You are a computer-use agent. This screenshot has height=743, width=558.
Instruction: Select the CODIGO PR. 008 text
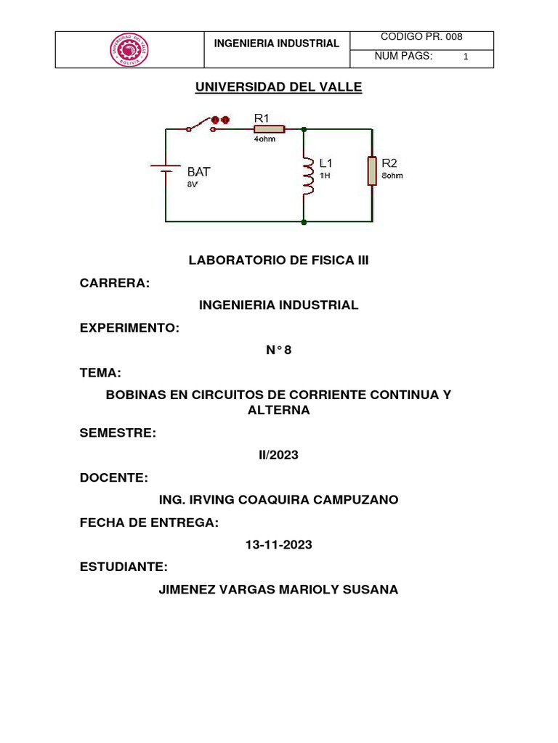421,38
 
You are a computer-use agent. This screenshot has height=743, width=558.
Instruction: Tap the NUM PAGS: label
403,57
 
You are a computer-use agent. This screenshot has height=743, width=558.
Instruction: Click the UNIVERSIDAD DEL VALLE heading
278,88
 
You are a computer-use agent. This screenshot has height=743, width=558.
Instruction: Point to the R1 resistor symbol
269,129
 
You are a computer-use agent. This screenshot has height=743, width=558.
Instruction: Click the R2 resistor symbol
372,171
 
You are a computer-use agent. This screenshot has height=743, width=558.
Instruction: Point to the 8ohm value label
392,176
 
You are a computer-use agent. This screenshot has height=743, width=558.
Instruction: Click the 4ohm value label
264,139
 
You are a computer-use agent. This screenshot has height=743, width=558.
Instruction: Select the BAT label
199,172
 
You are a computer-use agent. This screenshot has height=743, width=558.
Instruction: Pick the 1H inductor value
325,176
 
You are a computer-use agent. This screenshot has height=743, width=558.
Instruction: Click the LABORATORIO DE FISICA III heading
279,260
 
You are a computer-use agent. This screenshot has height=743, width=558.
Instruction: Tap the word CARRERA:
114,283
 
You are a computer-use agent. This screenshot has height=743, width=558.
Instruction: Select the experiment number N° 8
278,350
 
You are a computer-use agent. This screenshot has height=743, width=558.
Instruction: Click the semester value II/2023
278,456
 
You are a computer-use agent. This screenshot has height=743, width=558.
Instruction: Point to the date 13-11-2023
278,545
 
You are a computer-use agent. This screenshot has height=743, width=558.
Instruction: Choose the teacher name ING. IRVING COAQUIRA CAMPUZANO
278,501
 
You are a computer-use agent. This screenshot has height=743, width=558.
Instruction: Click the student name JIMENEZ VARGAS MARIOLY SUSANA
278,590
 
